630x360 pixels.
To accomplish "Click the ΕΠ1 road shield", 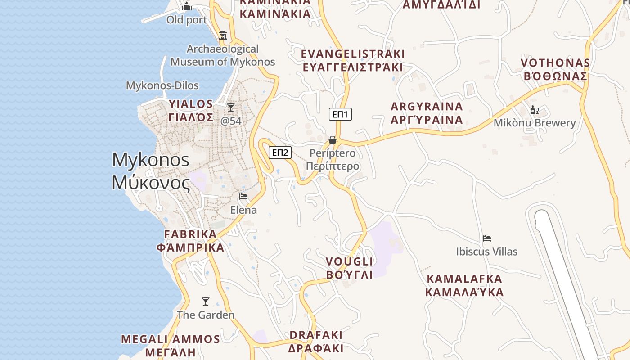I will click(x=340, y=114).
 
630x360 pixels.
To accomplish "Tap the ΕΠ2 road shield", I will click(x=280, y=153).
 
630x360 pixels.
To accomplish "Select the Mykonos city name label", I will click(x=151, y=171).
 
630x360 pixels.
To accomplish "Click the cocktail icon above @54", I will click(x=231, y=107).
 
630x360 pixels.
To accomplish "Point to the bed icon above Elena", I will click(x=243, y=197).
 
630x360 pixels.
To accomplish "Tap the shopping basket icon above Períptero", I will click(x=333, y=140).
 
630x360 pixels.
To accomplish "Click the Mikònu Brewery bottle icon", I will click(x=534, y=110).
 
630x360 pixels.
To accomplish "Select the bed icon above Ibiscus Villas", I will click(x=486, y=238).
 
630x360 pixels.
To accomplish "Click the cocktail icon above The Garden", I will click(x=206, y=301).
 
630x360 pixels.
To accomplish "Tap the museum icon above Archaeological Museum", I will click(x=222, y=36).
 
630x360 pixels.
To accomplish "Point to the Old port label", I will click(x=187, y=20).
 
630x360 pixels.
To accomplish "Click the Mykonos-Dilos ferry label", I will click(x=162, y=85).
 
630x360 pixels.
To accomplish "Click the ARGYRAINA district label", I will click(x=427, y=113).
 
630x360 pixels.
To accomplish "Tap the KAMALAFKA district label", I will click(x=464, y=285).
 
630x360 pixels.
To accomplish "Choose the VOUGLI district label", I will click(x=350, y=268).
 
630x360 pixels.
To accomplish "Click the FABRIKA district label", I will click(x=190, y=241).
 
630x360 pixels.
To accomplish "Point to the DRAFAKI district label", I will click(x=316, y=342).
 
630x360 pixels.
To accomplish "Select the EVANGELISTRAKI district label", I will click(x=353, y=61).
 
